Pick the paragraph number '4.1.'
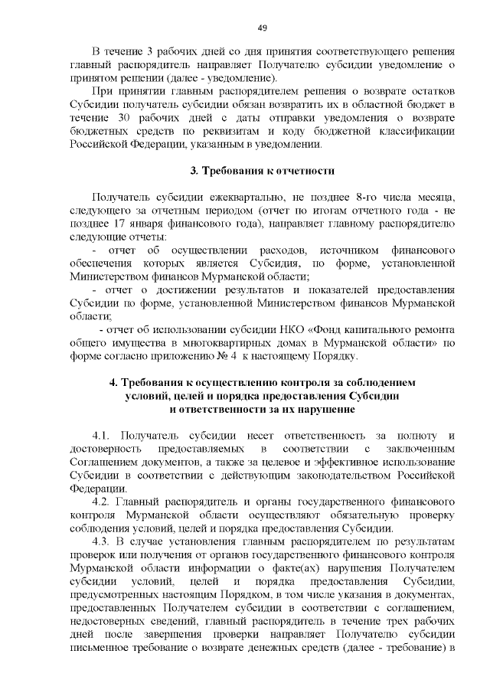104,435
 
